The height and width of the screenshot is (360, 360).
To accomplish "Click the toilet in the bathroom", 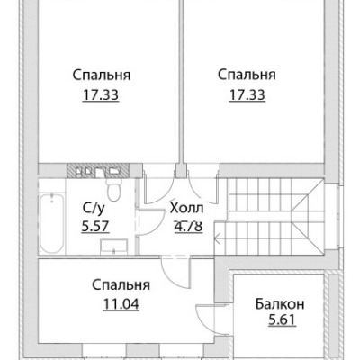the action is tap(113, 188).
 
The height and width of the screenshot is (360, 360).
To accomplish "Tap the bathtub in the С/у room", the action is tap(51, 224).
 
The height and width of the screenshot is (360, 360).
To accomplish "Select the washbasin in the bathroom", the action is tap(113, 247).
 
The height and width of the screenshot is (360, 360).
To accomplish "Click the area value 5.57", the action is tap(95, 227).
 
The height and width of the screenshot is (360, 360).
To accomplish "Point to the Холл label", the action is tap(186, 208).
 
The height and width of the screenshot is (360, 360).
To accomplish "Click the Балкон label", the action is tap(280, 304).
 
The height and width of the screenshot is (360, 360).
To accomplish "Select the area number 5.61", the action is tap(282, 320).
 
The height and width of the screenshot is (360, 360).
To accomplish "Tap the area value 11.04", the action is tap(121, 304).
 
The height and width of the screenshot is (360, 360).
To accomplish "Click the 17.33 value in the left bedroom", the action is tap(101, 95).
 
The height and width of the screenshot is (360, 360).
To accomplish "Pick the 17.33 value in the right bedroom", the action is tap(247, 95).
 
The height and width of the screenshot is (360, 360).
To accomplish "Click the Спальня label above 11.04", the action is tap(121, 285).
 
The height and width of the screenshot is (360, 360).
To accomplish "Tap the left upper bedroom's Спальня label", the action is tap(102, 75).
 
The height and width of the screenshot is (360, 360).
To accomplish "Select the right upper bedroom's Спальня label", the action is tap(247, 75).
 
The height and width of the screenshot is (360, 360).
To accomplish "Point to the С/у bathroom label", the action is tap(94, 208).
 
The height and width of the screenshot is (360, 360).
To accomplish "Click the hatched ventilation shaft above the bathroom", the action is tap(98, 170).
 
